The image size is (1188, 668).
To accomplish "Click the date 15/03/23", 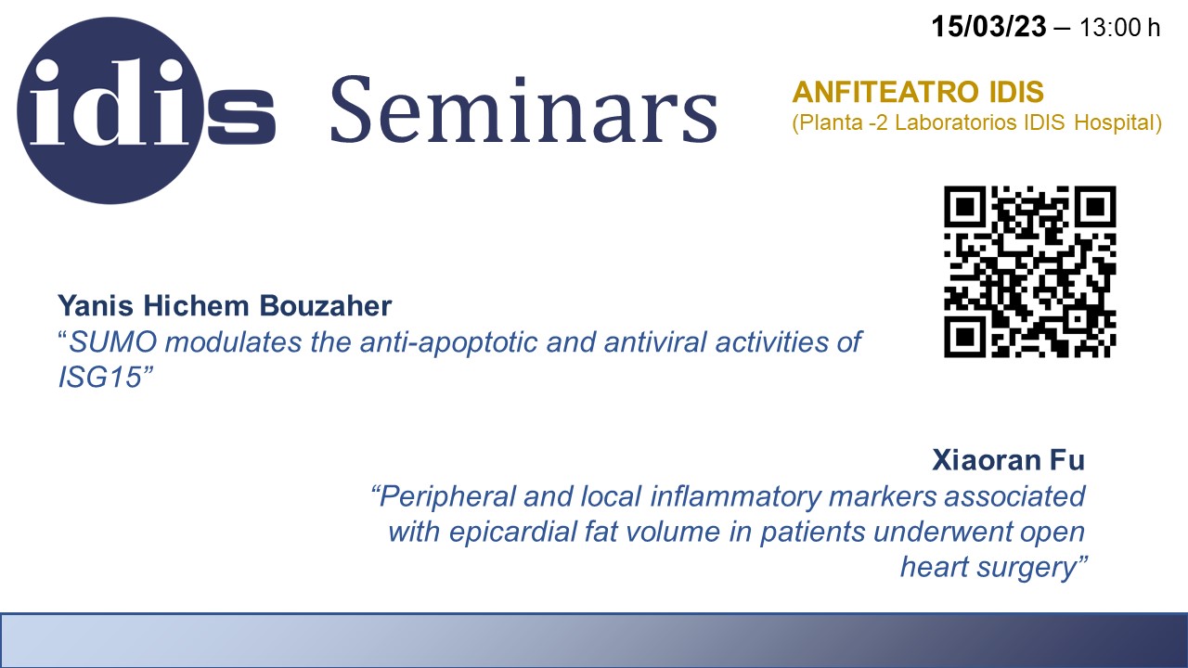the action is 988,27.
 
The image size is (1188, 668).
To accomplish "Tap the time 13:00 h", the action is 1119,28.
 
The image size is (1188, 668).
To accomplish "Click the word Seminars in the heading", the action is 524,109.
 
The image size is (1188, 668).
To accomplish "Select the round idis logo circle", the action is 110,110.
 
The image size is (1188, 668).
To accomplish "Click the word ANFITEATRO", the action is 885,92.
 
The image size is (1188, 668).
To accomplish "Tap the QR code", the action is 1030,272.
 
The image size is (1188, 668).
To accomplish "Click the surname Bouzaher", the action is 326,305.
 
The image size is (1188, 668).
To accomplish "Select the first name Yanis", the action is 96,306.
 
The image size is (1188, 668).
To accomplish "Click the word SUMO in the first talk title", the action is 113,342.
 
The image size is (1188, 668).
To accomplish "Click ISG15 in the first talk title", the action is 99,378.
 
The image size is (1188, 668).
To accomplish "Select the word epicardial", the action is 513,533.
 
